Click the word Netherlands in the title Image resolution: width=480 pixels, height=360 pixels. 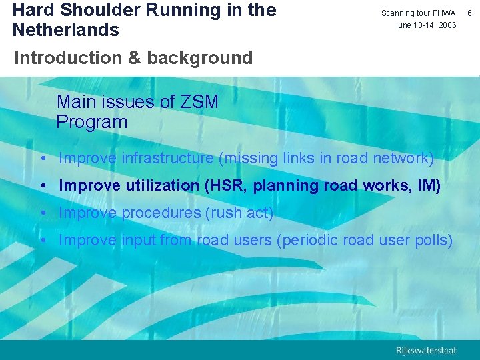point(65,30)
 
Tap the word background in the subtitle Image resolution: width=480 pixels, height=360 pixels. point(199,58)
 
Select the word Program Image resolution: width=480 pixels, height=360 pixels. point(91,122)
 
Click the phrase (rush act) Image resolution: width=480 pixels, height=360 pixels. point(239,213)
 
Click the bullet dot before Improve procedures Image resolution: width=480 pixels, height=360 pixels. point(42,213)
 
